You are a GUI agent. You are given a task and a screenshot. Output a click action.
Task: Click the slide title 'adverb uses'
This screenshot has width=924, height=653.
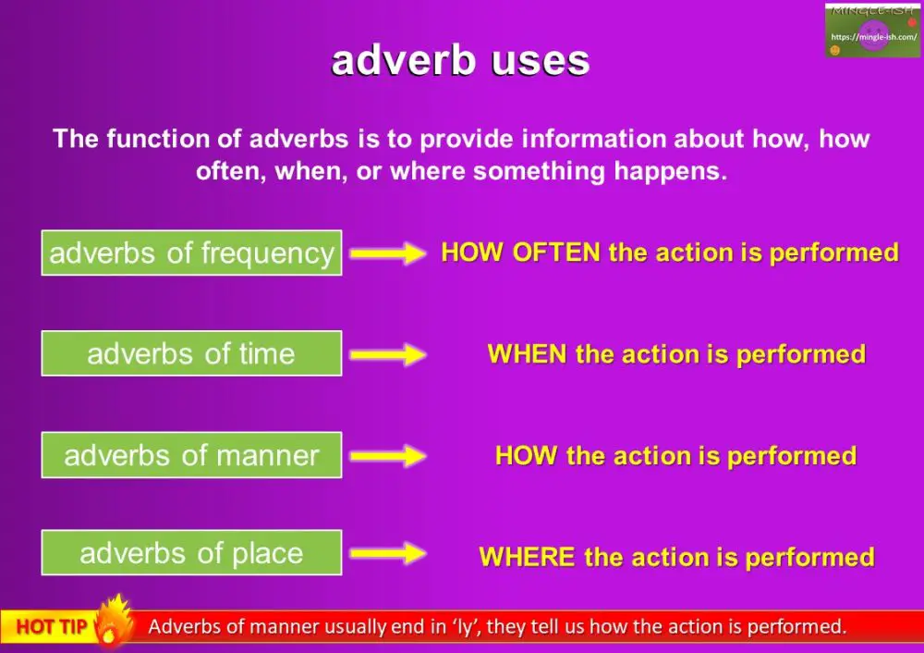coord(460,61)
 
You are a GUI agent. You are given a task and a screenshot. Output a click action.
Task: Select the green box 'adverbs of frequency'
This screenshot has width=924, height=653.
coord(191,253)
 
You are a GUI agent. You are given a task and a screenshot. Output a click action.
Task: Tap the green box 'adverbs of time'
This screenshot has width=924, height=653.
coord(191,353)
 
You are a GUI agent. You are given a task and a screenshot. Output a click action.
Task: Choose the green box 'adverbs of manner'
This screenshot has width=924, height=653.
coord(191,455)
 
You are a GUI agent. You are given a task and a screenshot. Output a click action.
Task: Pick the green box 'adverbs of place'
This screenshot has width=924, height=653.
coord(191,553)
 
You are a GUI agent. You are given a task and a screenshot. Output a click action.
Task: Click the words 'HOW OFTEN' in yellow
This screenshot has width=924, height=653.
coord(521,253)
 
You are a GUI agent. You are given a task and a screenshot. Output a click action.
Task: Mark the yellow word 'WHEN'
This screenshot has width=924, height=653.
coord(527,354)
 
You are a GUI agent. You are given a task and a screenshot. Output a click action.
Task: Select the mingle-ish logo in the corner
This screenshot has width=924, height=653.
coord(872,31)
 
